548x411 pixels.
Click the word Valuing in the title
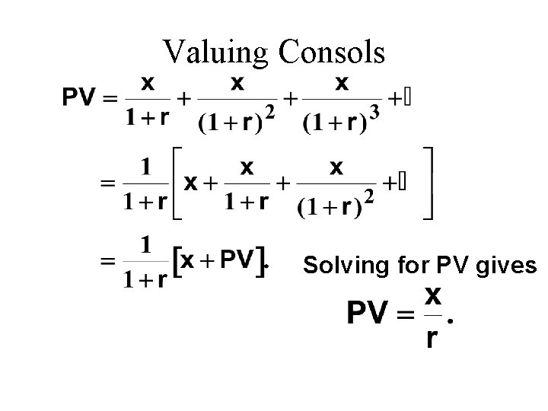(x=215, y=53)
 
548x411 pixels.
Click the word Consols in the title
(x=332, y=53)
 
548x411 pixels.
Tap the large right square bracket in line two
(x=430, y=184)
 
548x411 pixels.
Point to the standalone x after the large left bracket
(x=193, y=183)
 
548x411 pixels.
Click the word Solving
(x=338, y=266)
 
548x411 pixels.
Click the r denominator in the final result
(x=431, y=338)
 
